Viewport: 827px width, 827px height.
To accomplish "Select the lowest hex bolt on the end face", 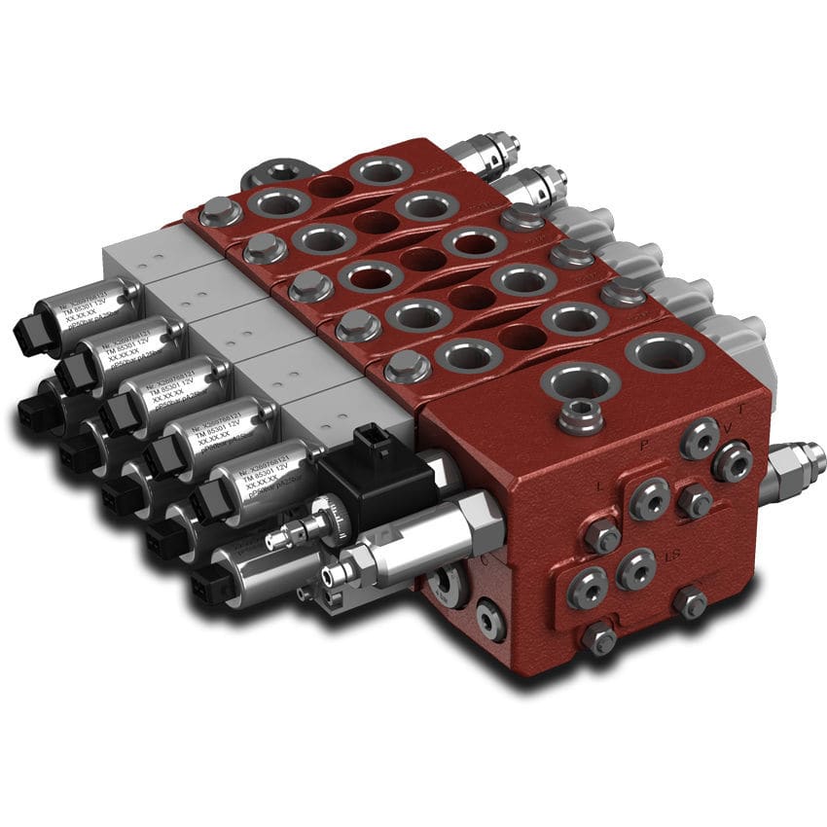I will click(600, 637).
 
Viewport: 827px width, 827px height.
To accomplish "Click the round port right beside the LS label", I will click(636, 567).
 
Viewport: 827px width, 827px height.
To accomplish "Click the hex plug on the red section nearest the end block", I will click(407, 367).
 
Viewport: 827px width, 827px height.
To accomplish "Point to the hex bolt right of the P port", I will click(695, 500).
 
